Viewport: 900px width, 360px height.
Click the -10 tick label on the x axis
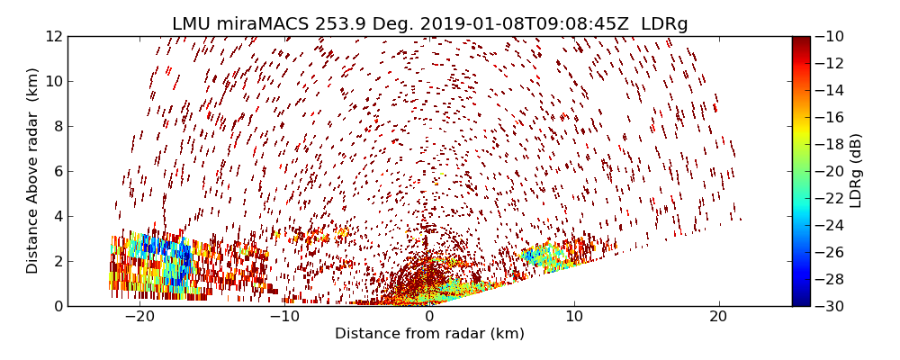[x=284, y=318]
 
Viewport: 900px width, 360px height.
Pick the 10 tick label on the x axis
[x=573, y=318]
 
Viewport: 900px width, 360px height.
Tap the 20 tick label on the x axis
[x=718, y=318]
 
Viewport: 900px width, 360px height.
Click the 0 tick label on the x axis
[x=429, y=318]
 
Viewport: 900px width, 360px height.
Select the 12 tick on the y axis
[x=53, y=36]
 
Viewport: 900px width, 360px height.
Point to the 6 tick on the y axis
[x=57, y=171]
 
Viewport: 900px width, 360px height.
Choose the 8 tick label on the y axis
[x=57, y=126]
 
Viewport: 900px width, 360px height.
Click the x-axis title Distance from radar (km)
[x=429, y=334]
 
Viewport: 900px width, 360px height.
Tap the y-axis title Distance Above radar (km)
[x=33, y=171]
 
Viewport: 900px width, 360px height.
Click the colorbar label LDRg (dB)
[x=856, y=171]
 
